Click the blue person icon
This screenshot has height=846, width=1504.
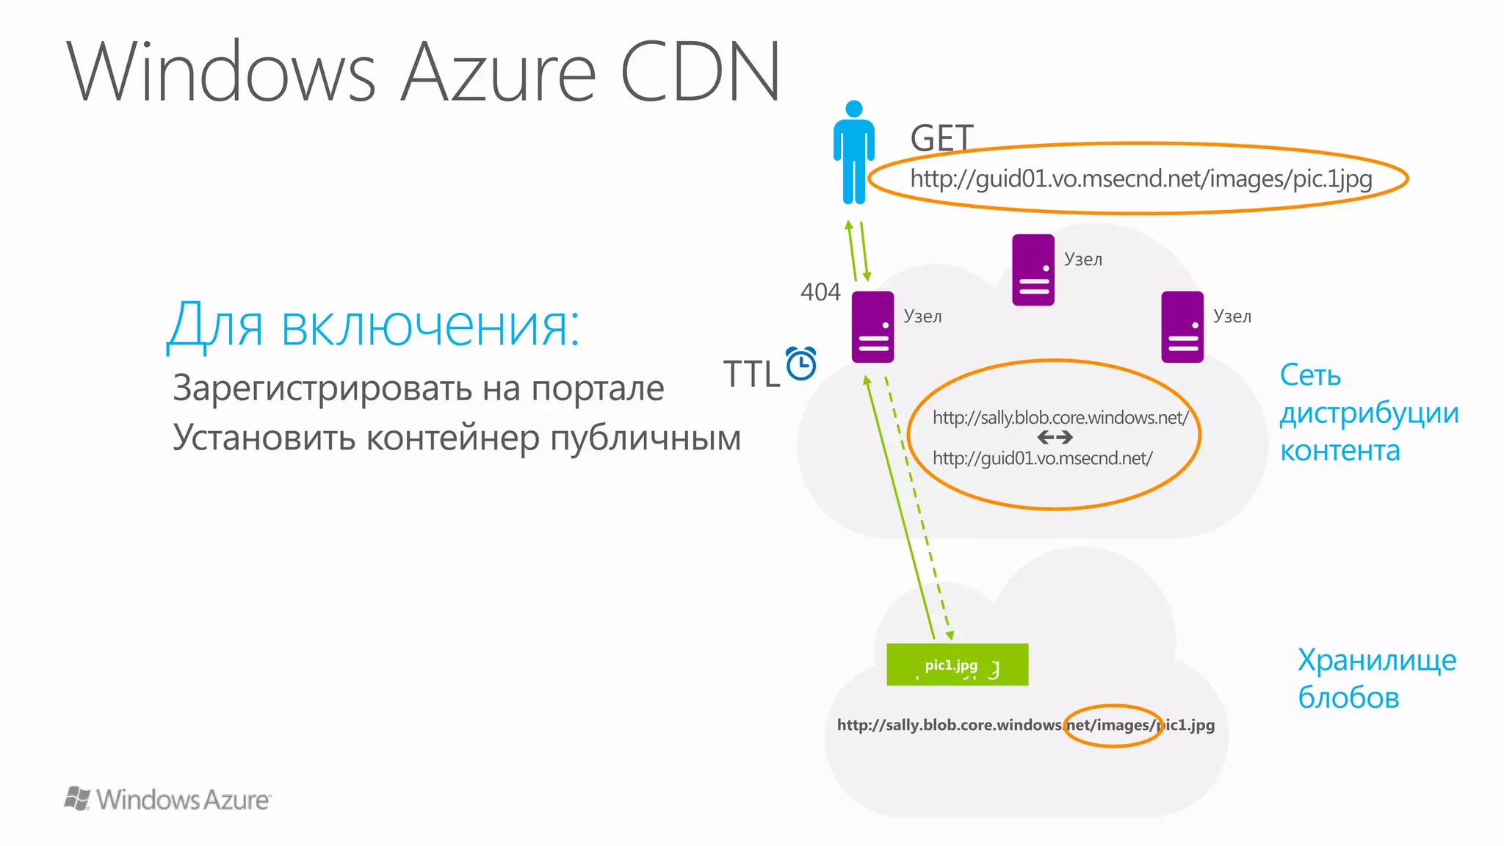coord(853,153)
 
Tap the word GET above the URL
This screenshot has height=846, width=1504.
coord(941,138)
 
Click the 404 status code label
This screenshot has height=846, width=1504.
coord(820,292)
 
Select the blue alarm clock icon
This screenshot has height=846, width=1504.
coord(801,364)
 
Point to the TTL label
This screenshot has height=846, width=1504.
coord(751,374)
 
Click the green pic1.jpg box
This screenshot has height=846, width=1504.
coord(957,665)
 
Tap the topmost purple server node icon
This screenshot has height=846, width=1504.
coord(1033,270)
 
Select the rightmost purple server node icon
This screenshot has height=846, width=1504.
coord(1182,327)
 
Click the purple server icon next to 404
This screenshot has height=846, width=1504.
coord(872,327)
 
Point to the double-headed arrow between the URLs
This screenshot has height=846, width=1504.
coord(1055,438)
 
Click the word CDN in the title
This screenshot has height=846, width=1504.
coord(701,72)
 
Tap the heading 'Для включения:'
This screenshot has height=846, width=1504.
coord(373,325)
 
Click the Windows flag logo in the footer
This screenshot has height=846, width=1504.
coord(76,798)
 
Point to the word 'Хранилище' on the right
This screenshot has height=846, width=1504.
coord(1376,659)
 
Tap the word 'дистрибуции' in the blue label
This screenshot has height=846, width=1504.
coord(1369,413)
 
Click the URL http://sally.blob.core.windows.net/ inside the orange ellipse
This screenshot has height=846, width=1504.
coord(1060,418)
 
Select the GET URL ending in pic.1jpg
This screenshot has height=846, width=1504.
coord(1140,179)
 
